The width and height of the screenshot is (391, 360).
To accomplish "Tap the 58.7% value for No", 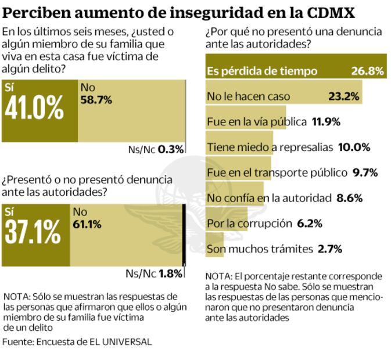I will [96, 99].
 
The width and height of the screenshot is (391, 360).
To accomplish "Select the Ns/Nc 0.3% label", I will [155, 149].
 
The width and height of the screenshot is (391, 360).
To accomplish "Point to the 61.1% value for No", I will [88, 223].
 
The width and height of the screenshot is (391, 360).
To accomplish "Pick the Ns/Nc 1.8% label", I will [154, 273].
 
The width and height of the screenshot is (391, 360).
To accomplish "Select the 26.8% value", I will [367, 71].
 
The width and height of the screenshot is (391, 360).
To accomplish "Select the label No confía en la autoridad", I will [268, 198].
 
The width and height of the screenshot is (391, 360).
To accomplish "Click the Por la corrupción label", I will [249, 224].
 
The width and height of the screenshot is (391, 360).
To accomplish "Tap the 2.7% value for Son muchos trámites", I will [329, 249].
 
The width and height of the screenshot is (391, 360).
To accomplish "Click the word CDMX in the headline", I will [332, 12].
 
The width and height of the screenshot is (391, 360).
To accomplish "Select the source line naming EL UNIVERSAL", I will [77, 341].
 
